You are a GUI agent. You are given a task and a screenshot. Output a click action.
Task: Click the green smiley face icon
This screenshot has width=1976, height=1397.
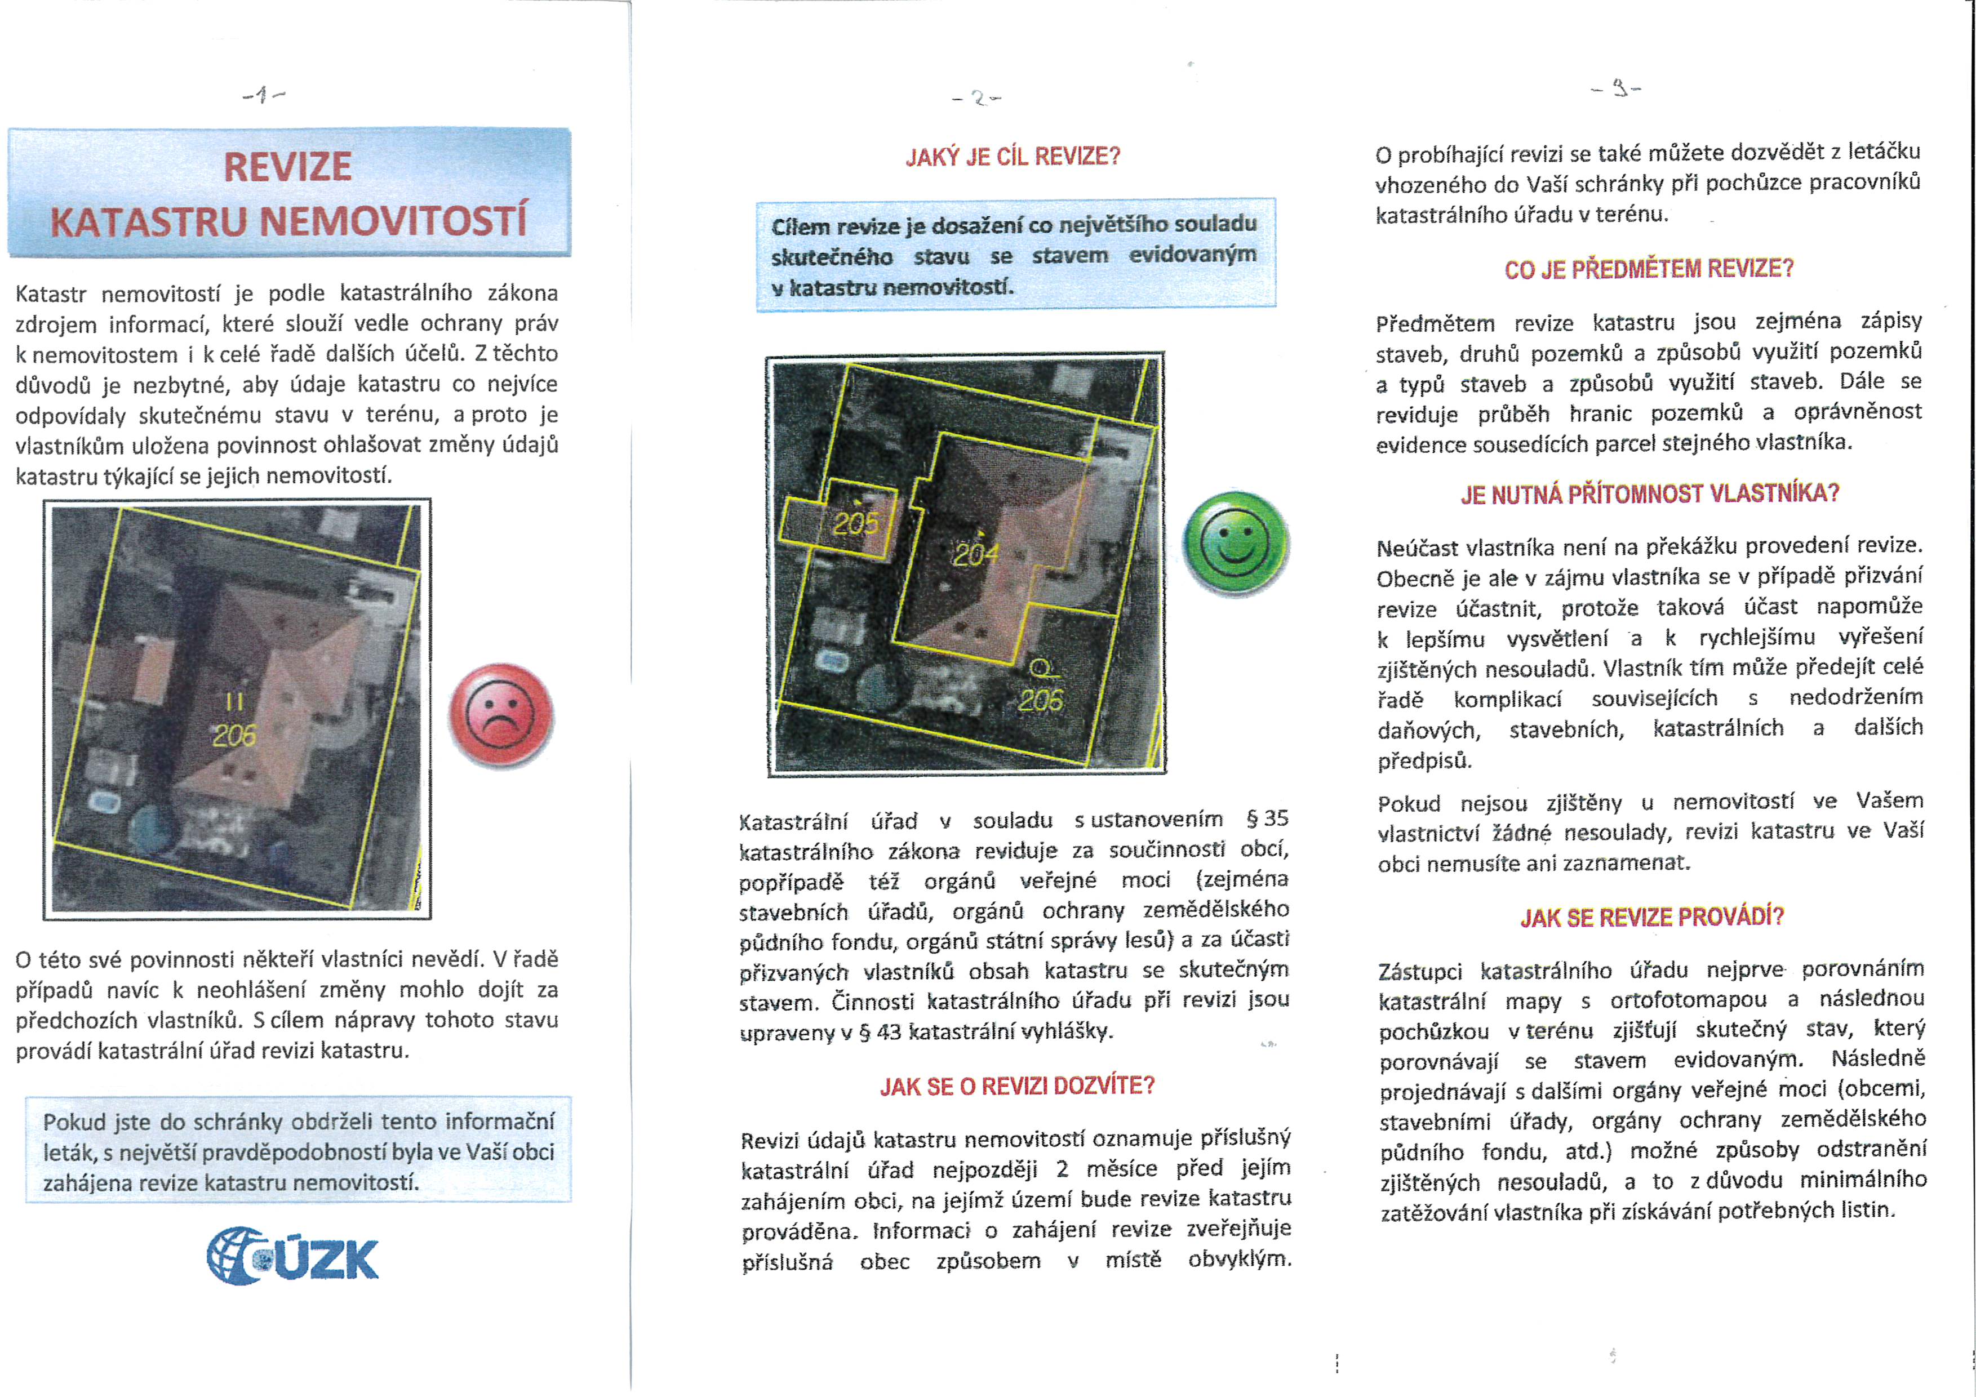pyautogui.click(x=1236, y=543)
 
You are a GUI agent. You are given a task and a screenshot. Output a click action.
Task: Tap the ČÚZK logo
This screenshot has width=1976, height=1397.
pyautogui.click(x=292, y=1257)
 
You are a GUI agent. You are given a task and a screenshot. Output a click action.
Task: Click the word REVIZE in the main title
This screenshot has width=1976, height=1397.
pyautogui.click(x=287, y=167)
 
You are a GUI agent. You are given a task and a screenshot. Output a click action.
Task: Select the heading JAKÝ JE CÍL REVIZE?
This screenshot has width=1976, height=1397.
pyautogui.click(x=1013, y=157)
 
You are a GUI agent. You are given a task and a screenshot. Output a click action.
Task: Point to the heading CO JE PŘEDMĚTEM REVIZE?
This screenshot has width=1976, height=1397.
pyautogui.click(x=1648, y=269)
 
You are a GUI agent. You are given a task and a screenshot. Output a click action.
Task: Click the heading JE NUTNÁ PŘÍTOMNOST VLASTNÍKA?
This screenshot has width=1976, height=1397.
pyautogui.click(x=1649, y=494)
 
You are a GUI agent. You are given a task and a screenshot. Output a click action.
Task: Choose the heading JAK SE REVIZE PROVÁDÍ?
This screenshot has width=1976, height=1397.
pyautogui.click(x=1651, y=918)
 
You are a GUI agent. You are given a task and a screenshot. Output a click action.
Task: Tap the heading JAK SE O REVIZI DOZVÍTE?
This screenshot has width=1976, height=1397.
pyautogui.click(x=1016, y=1087)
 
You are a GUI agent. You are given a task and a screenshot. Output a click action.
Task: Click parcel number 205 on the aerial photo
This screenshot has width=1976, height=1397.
pyautogui.click(x=855, y=523)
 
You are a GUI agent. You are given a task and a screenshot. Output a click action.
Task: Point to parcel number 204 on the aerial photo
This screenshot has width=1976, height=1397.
pyautogui.click(x=975, y=555)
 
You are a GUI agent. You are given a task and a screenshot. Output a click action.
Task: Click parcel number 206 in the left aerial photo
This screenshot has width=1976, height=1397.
pyautogui.click(x=234, y=735)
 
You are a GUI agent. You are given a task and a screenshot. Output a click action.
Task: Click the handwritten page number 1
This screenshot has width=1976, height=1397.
pyautogui.click(x=264, y=95)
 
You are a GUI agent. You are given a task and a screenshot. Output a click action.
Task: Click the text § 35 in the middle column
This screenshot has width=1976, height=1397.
pyautogui.click(x=1267, y=818)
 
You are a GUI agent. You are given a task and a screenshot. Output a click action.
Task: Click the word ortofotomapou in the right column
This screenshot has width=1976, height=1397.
pyautogui.click(x=1689, y=999)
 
